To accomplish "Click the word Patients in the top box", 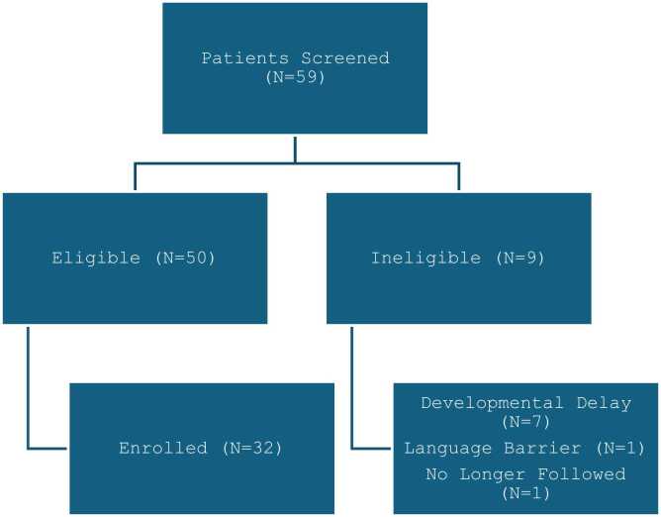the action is [x=245, y=57].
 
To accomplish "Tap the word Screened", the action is [x=345, y=57].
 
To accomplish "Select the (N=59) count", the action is [x=295, y=77].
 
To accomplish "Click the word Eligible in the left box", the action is [x=96, y=258].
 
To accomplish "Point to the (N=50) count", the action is [x=185, y=258].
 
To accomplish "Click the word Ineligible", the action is [x=425, y=258].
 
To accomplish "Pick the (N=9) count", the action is [x=520, y=258].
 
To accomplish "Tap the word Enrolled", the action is [x=163, y=448].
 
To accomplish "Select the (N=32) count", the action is [x=252, y=448].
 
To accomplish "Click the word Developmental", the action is [x=492, y=403].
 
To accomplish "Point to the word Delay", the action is [x=604, y=403].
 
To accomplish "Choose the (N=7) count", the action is [x=526, y=422].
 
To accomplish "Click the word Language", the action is [x=448, y=448].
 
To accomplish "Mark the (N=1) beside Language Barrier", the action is [x=620, y=448].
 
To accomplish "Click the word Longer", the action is [x=492, y=474].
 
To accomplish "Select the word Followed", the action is [x=581, y=474].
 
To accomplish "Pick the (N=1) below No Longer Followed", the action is [x=526, y=493].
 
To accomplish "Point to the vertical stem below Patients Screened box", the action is [x=295, y=150].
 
